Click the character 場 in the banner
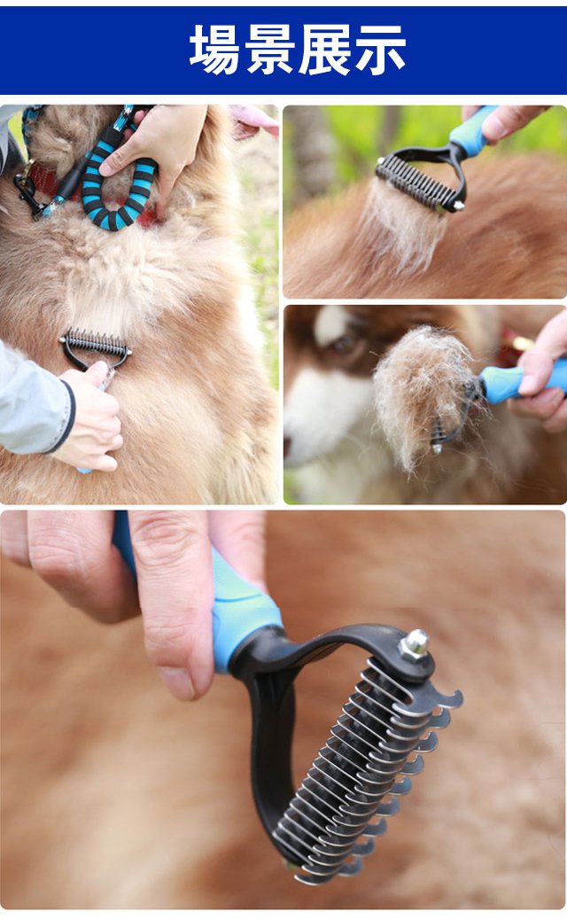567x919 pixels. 214,50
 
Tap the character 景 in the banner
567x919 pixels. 269,50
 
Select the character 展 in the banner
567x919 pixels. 324,50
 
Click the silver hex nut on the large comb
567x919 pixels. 415,644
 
